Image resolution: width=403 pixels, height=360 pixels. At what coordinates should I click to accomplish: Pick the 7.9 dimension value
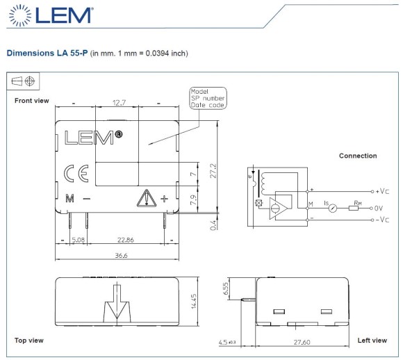pos(194,202)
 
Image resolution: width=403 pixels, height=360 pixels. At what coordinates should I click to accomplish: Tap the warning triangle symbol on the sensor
pos(145,198)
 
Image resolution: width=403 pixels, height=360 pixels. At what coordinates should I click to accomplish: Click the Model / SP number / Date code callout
pos(208,98)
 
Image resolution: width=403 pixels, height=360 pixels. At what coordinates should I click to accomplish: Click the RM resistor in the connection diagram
pos(354,207)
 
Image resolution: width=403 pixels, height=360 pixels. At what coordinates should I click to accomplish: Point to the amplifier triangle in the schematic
pos(281,207)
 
